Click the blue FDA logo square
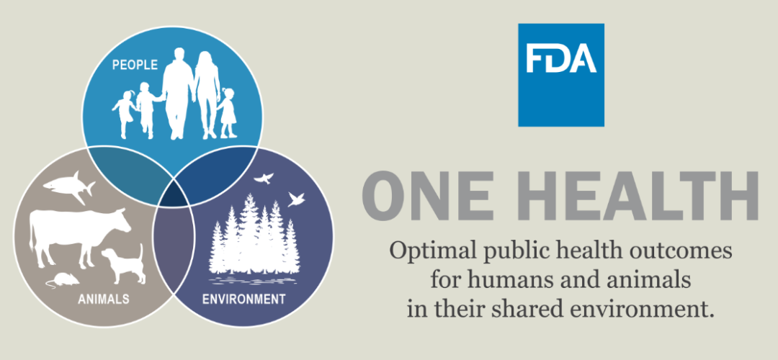tap(561, 75)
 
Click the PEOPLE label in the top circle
tap(135, 65)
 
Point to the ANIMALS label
tap(104, 299)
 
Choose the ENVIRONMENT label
tap(243, 299)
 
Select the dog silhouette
tap(124, 264)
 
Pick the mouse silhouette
tap(63, 280)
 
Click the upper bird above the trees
tap(264, 178)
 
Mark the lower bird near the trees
tap(296, 199)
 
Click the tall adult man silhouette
tap(177, 93)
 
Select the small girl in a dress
tap(228, 113)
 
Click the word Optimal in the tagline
tap(427, 251)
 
